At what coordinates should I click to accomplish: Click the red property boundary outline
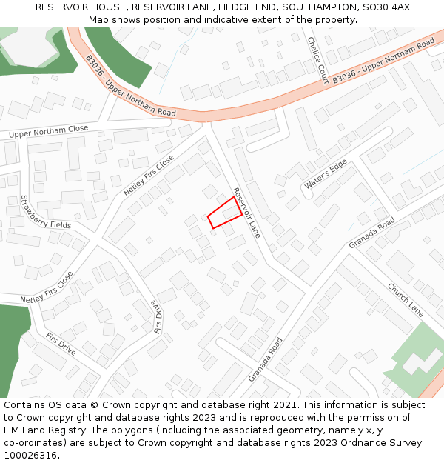pyautogui.click(x=224, y=213)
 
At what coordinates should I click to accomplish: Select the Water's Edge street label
pyautogui.click(x=325, y=175)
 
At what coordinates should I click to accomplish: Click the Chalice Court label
pyautogui.click(x=317, y=59)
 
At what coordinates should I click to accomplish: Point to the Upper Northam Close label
pyautogui.click(x=48, y=132)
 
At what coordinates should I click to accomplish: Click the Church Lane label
pyautogui.click(x=405, y=300)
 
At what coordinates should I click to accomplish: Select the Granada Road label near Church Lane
pyautogui.click(x=372, y=234)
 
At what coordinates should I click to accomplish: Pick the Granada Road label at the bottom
pyautogui.click(x=266, y=360)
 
